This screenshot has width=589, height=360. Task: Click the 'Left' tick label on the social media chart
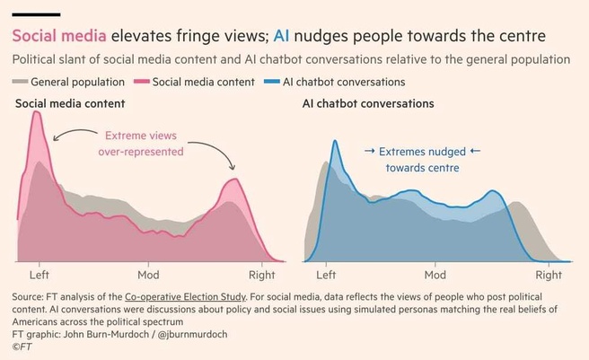[x=40, y=275]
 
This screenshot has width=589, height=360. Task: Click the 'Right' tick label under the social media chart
[x=260, y=275]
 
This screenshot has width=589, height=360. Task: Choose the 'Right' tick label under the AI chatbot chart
[x=548, y=275]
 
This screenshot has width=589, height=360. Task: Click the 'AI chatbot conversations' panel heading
[x=368, y=104]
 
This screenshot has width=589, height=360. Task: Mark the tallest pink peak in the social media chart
[x=37, y=114]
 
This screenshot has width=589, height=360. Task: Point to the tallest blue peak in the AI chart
[x=335, y=142]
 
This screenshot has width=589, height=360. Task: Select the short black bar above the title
[x=36, y=14]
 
